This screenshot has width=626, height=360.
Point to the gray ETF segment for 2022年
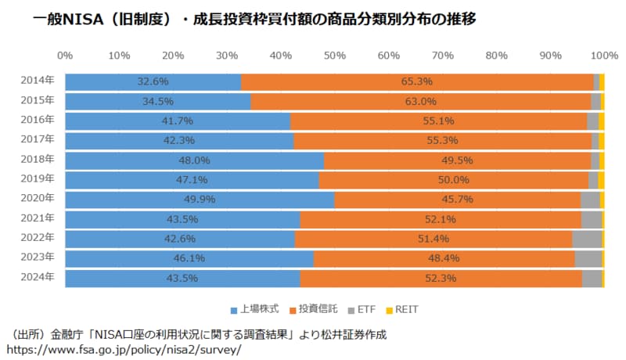[x=587, y=239]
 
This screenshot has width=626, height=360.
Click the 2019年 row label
[x=38, y=179]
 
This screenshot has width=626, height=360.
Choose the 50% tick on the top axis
[x=334, y=56]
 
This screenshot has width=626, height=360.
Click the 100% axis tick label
[x=603, y=56]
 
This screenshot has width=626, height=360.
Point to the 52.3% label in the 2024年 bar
[x=441, y=278]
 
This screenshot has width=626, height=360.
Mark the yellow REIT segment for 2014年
[x=602, y=81]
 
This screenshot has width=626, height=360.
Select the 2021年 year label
[x=38, y=218]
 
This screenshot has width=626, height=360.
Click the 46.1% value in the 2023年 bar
[x=189, y=258]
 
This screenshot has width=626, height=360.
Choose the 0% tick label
[x=65, y=56]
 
